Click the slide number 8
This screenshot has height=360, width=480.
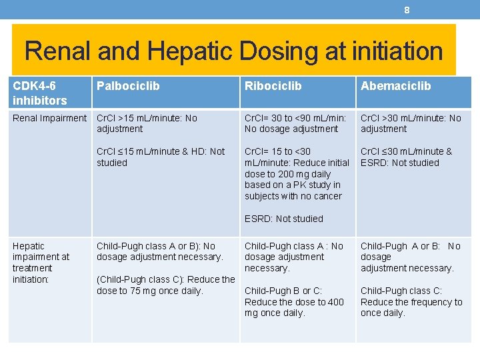(407, 9)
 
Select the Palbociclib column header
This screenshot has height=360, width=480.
(128, 86)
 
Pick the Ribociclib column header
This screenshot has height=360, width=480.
(273, 86)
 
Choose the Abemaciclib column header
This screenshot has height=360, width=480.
(395, 86)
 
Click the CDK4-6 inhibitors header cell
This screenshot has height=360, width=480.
(39, 93)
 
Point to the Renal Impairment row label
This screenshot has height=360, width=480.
(49, 118)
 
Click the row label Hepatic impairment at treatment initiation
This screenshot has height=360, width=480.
(41, 263)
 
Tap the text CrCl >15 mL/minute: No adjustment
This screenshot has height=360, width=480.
(147, 123)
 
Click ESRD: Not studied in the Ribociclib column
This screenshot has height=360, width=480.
(283, 219)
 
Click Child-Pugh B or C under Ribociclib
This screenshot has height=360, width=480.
(283, 291)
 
